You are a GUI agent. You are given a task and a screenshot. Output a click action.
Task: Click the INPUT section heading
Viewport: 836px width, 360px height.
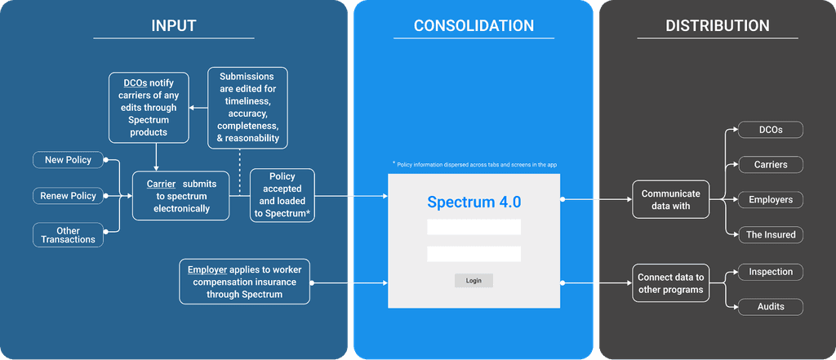[x=174, y=25]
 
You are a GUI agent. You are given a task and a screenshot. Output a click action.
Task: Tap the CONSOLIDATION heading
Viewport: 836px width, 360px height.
[x=474, y=25]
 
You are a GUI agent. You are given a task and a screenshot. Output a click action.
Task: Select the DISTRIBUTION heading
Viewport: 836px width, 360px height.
[x=717, y=25]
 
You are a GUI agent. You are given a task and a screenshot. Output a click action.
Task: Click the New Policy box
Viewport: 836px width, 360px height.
[x=69, y=160]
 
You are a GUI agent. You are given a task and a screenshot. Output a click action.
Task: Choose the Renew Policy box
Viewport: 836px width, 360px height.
[x=69, y=196]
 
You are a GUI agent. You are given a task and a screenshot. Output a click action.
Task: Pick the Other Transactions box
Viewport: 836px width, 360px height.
[x=69, y=234]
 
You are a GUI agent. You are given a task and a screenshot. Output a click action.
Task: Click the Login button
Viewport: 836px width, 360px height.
[x=474, y=281]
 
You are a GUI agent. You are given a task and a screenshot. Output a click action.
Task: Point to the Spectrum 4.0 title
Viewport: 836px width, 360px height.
[x=474, y=202]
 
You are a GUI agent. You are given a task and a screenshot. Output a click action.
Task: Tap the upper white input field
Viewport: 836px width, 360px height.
[x=474, y=227]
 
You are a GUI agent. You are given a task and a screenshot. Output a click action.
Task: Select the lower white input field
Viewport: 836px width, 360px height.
[x=474, y=254]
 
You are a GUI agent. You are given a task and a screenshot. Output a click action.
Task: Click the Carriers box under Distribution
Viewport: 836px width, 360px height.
[x=771, y=165]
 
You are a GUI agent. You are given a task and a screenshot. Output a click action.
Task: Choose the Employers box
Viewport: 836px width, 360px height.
[x=771, y=200]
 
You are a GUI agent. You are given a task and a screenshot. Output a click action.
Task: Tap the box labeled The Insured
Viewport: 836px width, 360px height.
[x=771, y=234]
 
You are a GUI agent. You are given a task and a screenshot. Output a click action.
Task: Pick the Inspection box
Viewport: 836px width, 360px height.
[x=771, y=272]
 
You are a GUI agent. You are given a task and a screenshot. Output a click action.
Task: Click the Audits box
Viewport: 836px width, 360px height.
[x=771, y=307]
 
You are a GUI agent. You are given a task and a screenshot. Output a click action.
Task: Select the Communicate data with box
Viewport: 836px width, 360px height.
[x=671, y=199]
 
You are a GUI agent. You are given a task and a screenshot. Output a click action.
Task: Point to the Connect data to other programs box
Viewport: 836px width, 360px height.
[x=671, y=283]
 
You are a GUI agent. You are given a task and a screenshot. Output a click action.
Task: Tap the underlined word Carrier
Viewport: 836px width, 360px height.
[x=161, y=184]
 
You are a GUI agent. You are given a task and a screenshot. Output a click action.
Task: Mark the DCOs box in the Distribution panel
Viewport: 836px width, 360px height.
[x=771, y=130]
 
